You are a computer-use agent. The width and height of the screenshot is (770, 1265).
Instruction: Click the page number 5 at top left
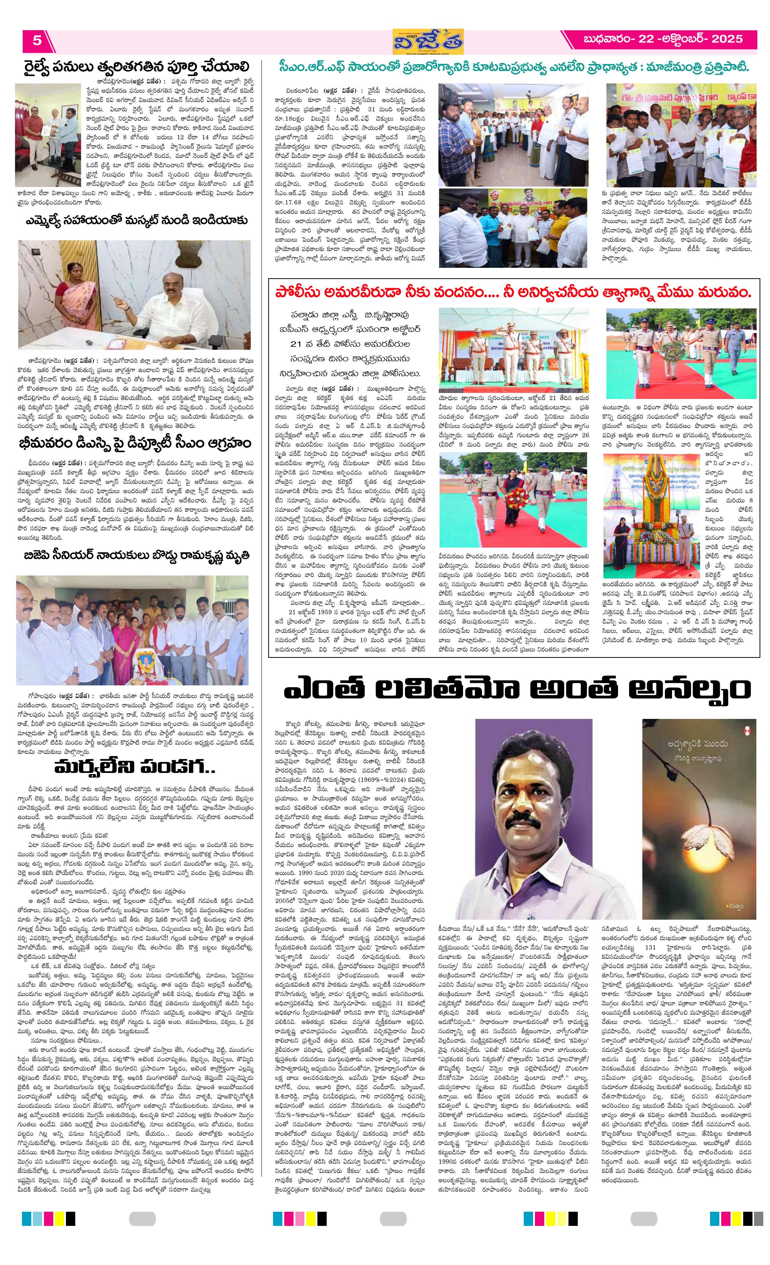pyautogui.click(x=37, y=40)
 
